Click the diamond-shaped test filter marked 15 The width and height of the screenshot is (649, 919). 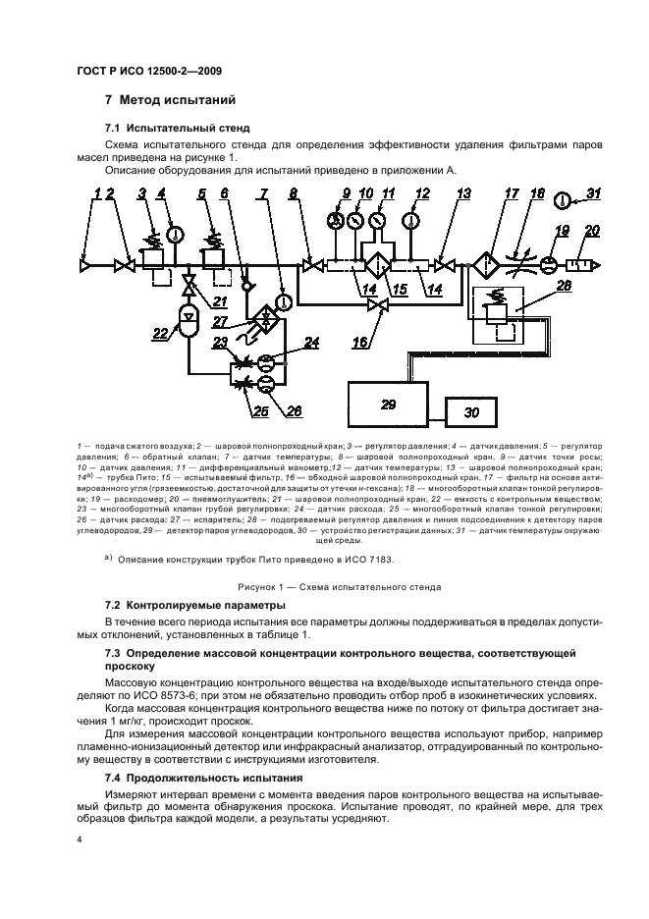(x=377, y=266)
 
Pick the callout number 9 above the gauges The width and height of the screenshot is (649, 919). (x=347, y=193)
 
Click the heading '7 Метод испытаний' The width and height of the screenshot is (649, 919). (x=168, y=99)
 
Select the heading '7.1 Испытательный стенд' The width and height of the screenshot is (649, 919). (x=177, y=128)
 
